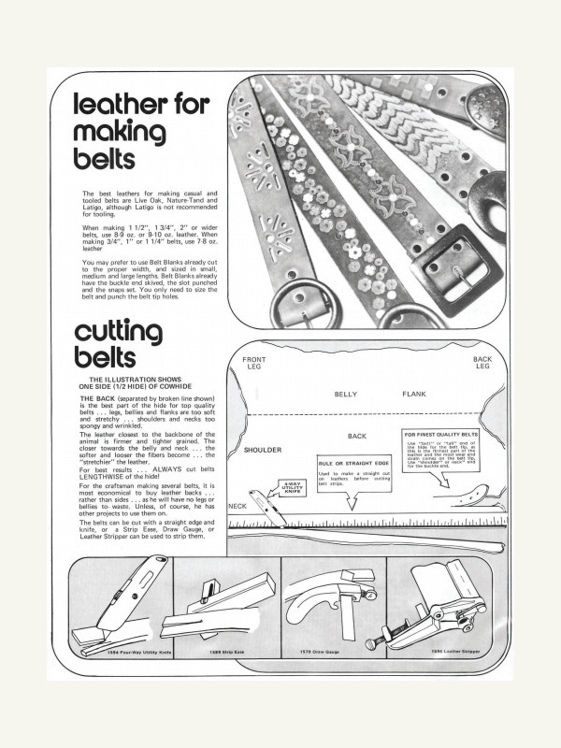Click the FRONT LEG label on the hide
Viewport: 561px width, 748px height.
pyautogui.click(x=254, y=364)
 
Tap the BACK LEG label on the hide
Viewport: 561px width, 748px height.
pyautogui.click(x=482, y=363)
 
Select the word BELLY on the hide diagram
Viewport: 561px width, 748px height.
pyautogui.click(x=346, y=395)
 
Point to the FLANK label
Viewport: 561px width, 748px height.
pyautogui.click(x=414, y=395)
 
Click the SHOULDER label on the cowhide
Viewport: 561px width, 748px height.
pyautogui.click(x=263, y=450)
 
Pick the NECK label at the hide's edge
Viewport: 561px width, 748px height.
pyautogui.click(x=237, y=506)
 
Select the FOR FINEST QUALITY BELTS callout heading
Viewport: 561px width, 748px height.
pyautogui.click(x=441, y=436)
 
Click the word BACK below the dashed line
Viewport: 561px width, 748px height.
pyautogui.click(x=356, y=437)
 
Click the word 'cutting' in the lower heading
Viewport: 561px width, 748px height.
pyautogui.click(x=119, y=332)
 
